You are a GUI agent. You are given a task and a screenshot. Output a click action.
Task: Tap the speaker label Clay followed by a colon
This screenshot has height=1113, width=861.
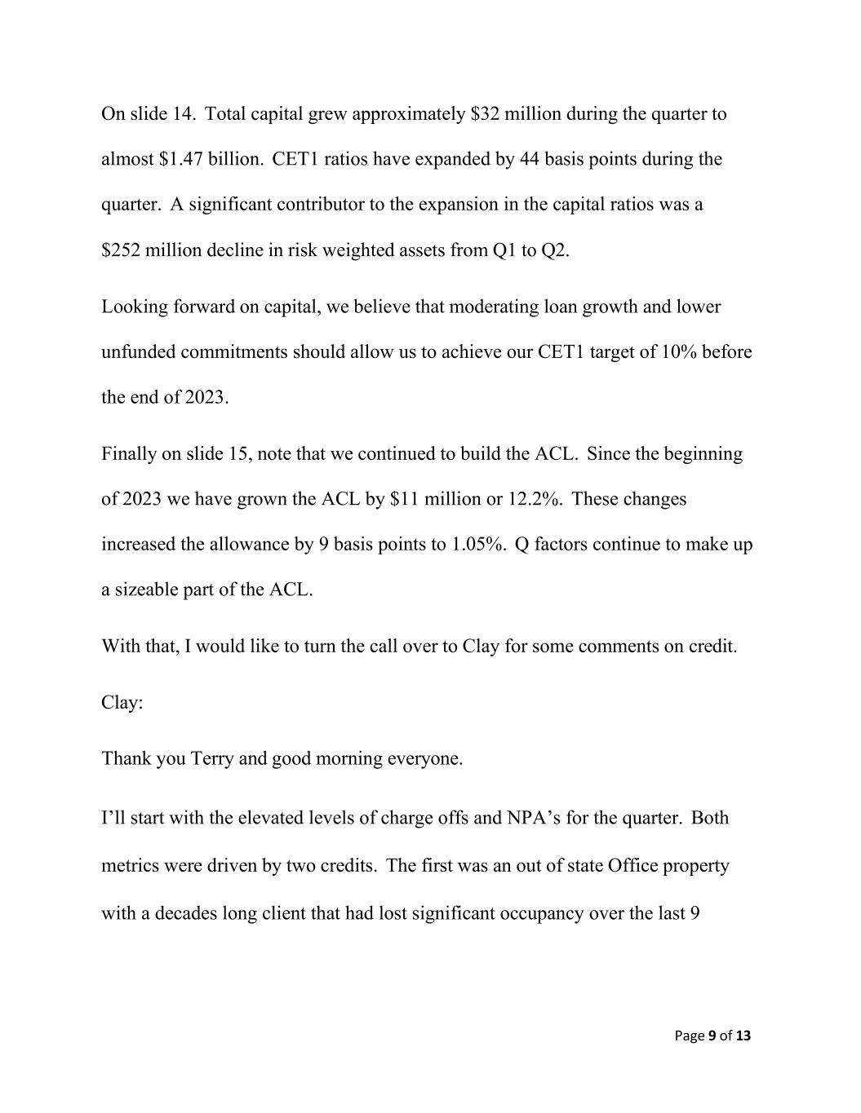pyautogui.click(x=122, y=702)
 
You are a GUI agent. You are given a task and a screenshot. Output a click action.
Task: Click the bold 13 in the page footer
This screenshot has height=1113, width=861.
pyautogui.click(x=743, y=1036)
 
